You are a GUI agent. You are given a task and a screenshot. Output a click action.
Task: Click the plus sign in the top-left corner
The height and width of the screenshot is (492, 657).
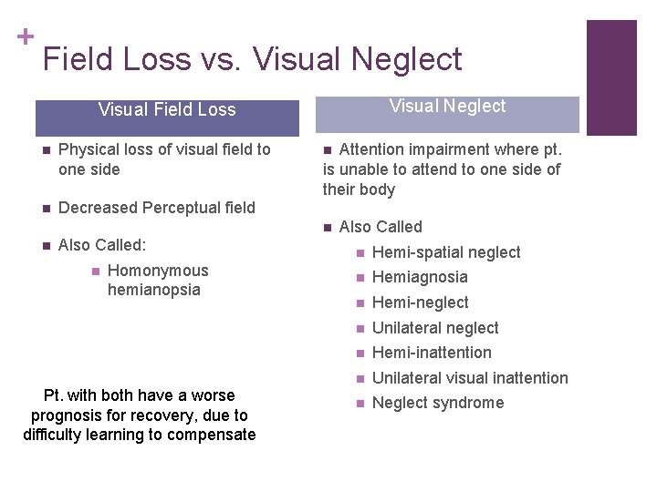coord(25,36)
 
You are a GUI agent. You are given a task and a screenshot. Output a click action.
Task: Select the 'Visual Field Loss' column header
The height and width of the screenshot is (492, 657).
coord(167,110)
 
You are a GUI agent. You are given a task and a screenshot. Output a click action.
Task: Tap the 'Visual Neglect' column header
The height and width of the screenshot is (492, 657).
coord(447,107)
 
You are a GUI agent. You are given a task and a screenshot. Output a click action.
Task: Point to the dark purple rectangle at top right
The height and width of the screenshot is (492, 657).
coord(610,77)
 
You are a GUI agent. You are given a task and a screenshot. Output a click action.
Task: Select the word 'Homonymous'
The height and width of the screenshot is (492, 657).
coord(158,271)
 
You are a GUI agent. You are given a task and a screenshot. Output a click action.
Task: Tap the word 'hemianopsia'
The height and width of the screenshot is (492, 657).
coord(153,290)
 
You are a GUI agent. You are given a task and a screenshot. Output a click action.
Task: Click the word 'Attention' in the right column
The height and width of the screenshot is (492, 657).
coord(374,149)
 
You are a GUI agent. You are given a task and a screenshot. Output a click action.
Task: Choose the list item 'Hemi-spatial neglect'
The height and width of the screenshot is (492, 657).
coord(446,252)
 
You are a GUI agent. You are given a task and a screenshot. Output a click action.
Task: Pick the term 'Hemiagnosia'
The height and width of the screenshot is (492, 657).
coord(420,277)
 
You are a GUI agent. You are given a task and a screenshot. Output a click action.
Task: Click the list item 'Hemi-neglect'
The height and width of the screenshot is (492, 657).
coord(420,302)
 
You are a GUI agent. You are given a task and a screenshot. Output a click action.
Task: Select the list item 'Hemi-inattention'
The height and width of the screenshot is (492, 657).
coord(432,353)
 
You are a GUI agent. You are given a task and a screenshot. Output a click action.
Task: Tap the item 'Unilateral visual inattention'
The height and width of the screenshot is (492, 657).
coord(470,378)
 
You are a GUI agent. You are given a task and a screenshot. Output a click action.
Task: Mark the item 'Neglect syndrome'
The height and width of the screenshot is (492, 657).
coord(438,403)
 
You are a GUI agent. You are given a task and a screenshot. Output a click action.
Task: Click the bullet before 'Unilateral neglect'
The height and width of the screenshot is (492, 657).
coord(360,328)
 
